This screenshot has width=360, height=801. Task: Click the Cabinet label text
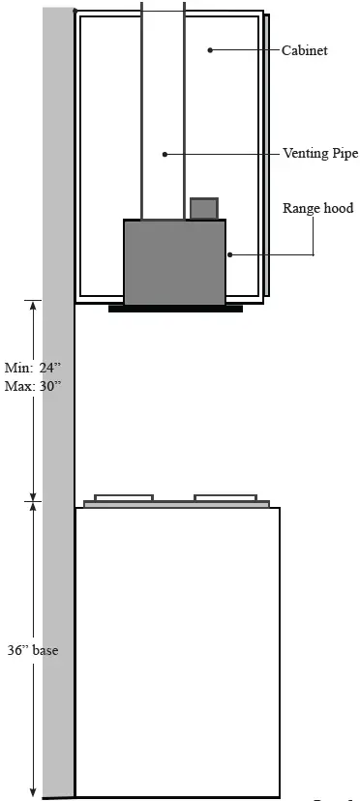click(303, 49)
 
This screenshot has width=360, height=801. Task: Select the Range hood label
click(317, 208)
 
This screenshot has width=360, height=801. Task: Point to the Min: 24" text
click(33, 368)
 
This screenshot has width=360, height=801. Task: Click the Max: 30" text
click(33, 385)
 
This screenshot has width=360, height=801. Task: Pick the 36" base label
click(32, 650)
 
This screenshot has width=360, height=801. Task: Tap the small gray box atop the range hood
click(203, 208)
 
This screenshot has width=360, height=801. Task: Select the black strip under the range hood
click(175, 309)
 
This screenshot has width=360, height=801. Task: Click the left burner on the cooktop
click(124, 497)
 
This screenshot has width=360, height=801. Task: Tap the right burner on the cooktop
click(224, 497)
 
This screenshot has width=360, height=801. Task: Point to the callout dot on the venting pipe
click(165, 153)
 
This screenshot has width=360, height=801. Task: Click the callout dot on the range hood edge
click(228, 254)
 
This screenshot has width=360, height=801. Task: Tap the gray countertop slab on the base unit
click(176, 504)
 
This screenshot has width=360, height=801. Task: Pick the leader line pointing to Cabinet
click(242, 49)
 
